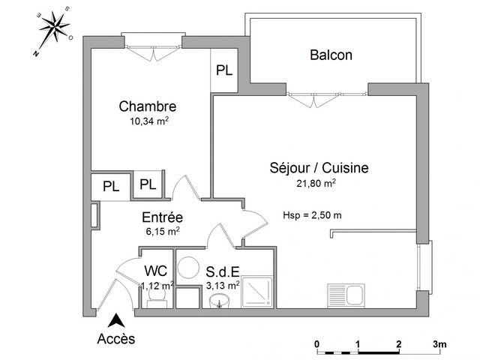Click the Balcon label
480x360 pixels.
point(331,55)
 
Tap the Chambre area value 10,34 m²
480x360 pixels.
point(149,121)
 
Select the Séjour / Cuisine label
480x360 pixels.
point(319,168)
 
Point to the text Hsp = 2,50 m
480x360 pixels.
point(312,215)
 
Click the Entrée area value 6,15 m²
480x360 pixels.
point(163,231)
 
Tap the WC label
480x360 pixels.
point(156,271)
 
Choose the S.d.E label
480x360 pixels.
point(223,271)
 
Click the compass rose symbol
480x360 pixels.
point(55,28)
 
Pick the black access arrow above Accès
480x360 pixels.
point(116,321)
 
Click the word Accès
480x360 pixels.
point(116,339)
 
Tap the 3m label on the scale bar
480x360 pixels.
point(439,344)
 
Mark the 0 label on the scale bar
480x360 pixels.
point(316,344)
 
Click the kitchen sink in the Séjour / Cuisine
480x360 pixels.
point(346,295)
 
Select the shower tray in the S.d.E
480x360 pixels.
point(256,292)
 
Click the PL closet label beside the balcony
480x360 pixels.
point(224,70)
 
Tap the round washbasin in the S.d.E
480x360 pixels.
point(220,301)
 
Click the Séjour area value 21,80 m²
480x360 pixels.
point(316,183)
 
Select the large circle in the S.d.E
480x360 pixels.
point(188,267)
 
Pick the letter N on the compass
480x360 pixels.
point(36,54)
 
